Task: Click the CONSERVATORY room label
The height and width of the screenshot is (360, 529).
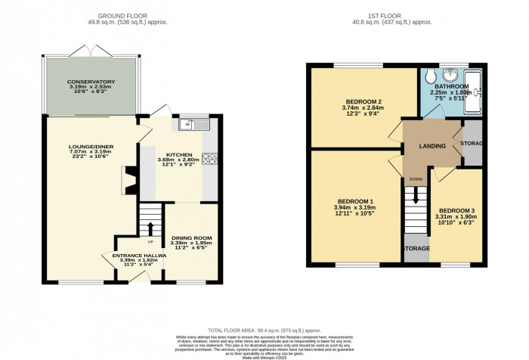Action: [x=90, y=81]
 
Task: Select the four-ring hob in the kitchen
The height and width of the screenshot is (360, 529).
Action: [x=209, y=159]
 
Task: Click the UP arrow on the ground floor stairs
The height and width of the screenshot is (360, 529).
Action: [x=151, y=228]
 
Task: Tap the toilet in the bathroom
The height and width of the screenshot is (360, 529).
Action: [x=428, y=77]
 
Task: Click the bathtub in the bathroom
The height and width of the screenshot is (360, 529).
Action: [x=474, y=91]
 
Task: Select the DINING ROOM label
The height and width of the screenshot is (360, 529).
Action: [x=191, y=238]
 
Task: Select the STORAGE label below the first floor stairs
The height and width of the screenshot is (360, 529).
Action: [x=415, y=248]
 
